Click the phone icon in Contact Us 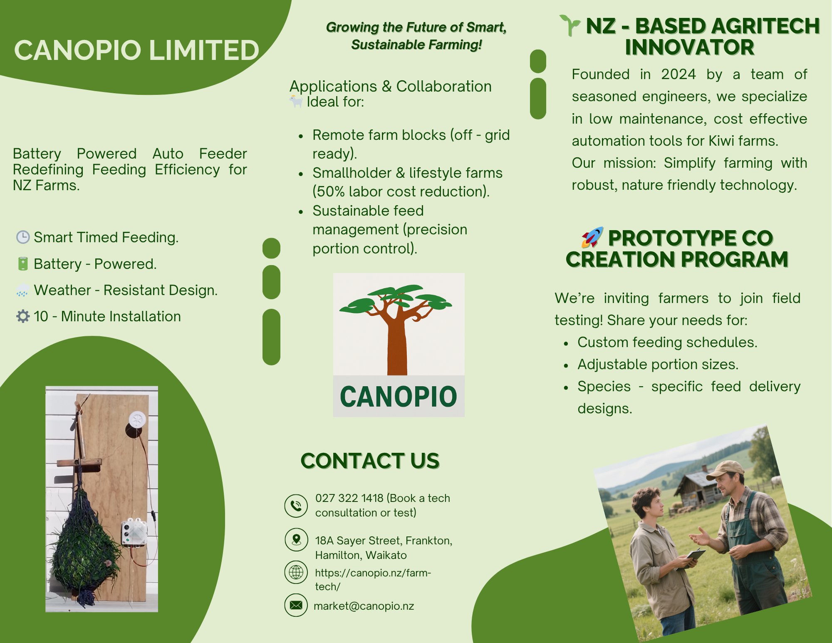coord(296,506)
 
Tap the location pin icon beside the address coord(296,539)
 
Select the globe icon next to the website coord(296,572)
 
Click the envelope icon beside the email coord(296,605)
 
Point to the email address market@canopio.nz coord(364,606)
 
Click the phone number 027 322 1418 coord(349,498)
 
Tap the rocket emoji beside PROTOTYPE coord(592,237)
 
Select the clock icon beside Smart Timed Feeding coord(23,237)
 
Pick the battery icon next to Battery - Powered coord(23,263)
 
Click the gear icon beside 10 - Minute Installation coord(23,316)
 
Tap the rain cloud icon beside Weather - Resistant coord(23,290)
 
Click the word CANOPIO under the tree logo coord(399,397)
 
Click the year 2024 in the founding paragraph coord(678,74)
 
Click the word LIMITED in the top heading coord(204,50)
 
